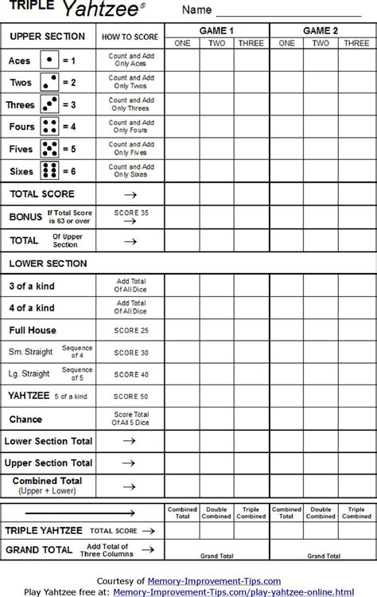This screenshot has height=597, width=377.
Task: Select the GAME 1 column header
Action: coord(217,29)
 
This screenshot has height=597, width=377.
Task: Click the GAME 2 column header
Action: coord(322,29)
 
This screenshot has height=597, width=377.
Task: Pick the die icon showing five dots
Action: coord(49,149)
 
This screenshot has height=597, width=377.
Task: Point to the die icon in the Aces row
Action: coord(49,60)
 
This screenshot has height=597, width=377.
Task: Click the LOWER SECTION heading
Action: coord(48,263)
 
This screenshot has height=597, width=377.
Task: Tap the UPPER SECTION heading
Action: coord(48,37)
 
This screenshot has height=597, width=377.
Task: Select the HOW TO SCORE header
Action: coord(130,37)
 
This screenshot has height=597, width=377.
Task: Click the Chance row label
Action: coord(25,419)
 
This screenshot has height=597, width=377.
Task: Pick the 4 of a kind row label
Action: coord(33,307)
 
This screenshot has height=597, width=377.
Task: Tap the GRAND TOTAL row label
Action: coord(40,549)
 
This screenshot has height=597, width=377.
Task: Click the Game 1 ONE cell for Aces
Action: coord(182,60)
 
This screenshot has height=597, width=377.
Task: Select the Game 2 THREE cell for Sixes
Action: coord(356,171)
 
